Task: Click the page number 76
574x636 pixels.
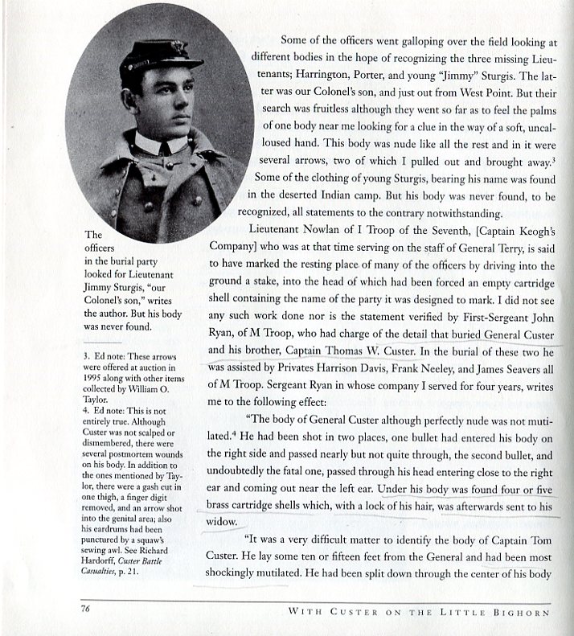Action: (84, 609)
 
